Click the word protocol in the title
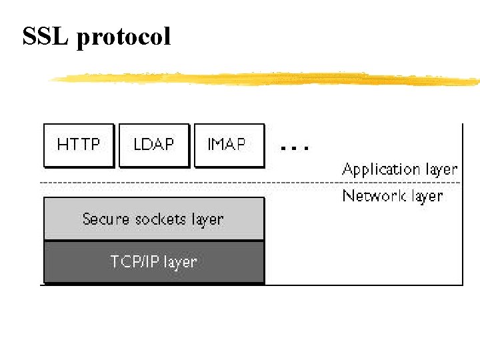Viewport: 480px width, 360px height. [x=124, y=37]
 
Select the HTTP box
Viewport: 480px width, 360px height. [x=79, y=145]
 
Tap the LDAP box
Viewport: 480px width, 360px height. [x=154, y=145]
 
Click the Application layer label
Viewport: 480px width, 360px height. [x=399, y=169]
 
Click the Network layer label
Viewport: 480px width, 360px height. [x=392, y=196]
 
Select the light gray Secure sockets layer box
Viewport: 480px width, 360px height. [x=154, y=219]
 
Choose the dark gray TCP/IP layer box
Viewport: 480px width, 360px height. [x=154, y=262]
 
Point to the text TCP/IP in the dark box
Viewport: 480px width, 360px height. [x=135, y=262]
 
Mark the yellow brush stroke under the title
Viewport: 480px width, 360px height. [x=267, y=79]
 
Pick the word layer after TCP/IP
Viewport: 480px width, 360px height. [x=180, y=262]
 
